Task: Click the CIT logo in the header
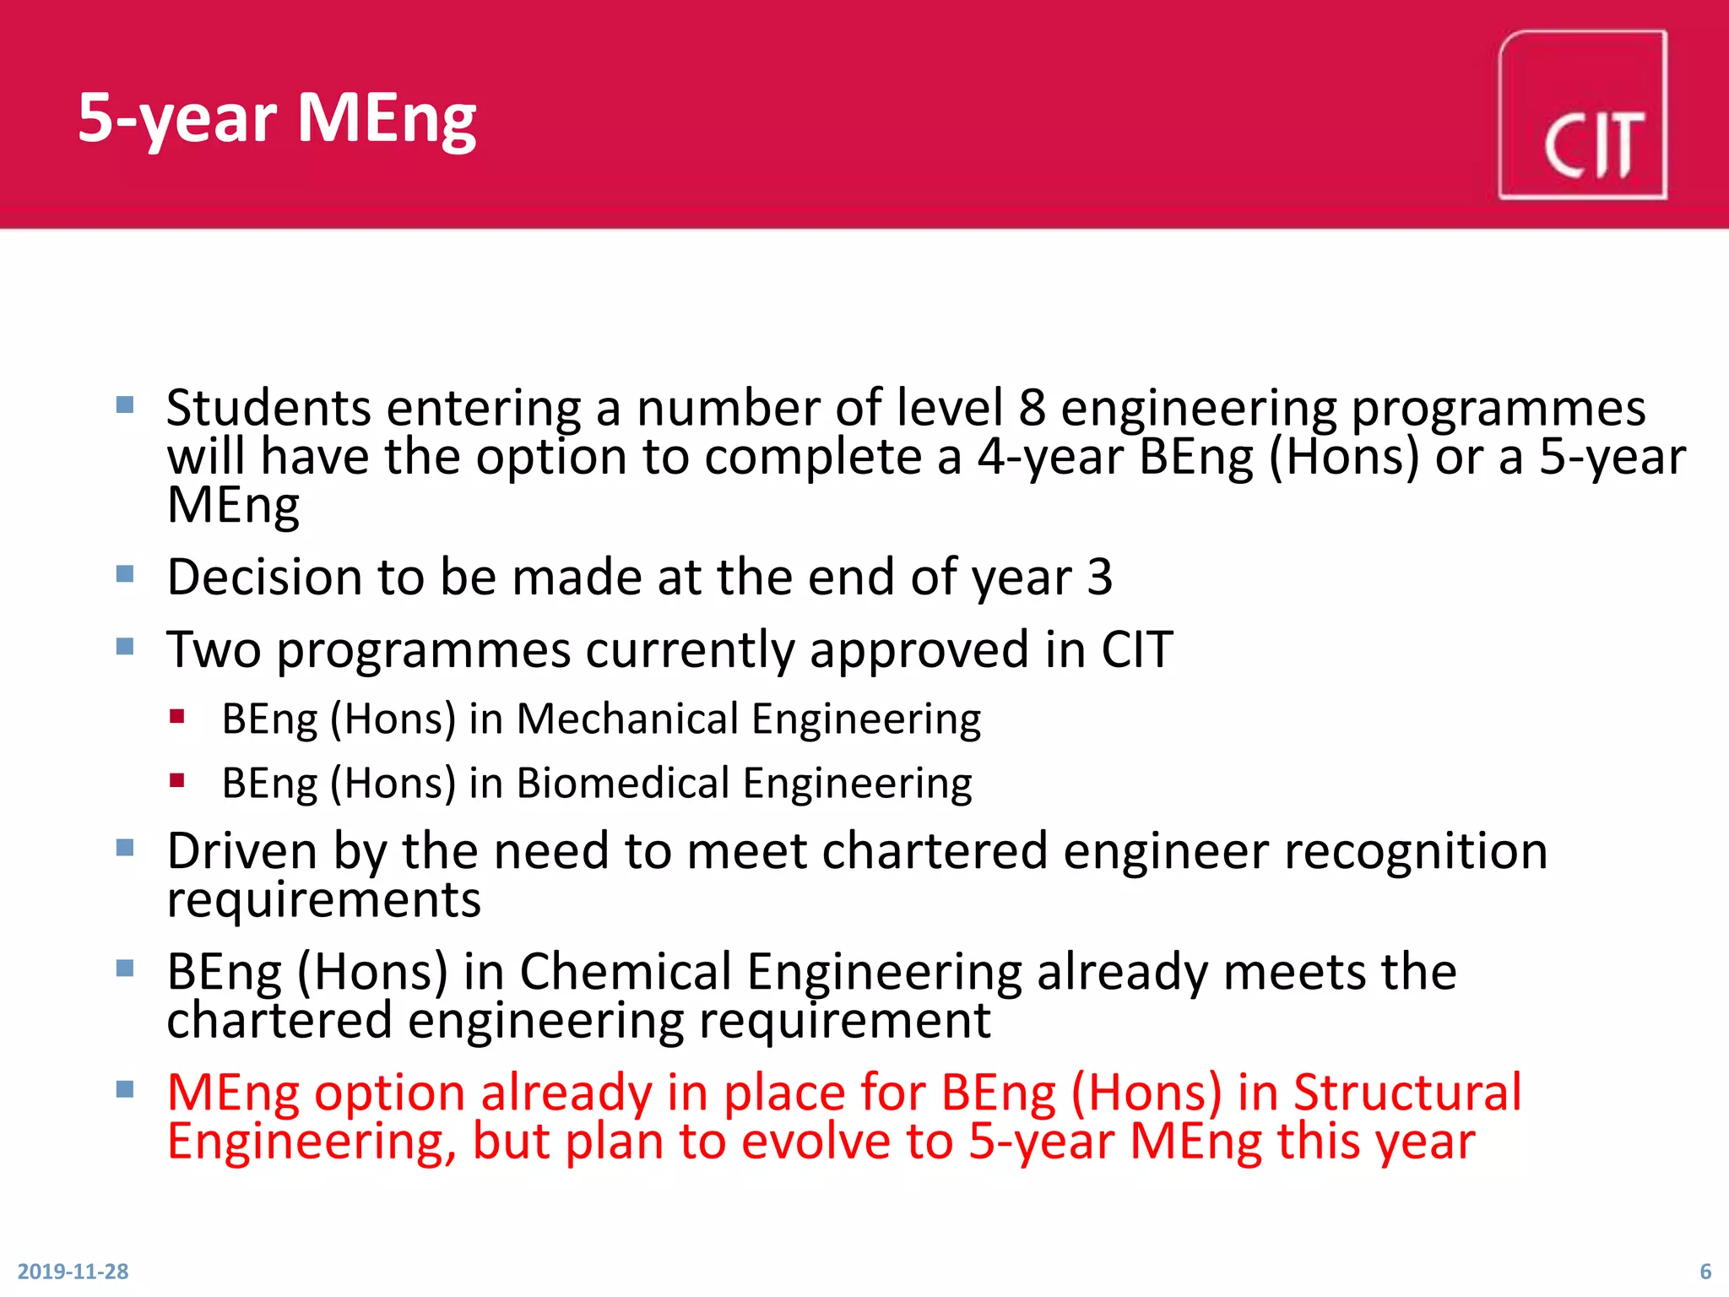[1582, 116]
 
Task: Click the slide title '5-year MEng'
[277, 117]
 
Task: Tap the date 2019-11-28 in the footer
[73, 1271]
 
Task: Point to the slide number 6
[1705, 1271]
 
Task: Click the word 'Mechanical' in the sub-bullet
[627, 719]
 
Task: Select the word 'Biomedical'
[623, 784]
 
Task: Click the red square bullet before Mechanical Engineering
[176, 717]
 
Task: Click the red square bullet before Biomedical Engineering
[176, 780]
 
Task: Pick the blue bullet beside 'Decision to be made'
[125, 574]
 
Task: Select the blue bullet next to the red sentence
[125, 1089]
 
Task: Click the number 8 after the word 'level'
[1032, 408]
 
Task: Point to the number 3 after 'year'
[1099, 578]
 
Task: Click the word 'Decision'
[264, 578]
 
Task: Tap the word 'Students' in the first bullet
[268, 408]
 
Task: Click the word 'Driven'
[242, 850]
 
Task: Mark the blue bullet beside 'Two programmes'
[125, 647]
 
